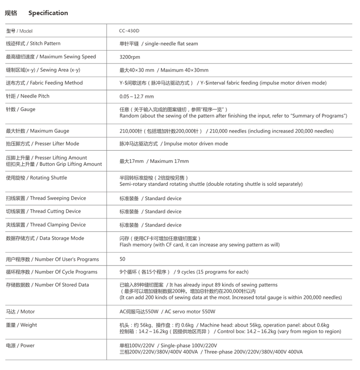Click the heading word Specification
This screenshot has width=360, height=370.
pos(48,13)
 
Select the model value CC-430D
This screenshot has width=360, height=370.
pos(130,31)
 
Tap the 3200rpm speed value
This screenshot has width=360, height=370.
pos(130,57)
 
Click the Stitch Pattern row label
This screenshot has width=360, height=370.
pos(33,44)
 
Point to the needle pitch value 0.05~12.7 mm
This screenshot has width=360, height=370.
pos(136,96)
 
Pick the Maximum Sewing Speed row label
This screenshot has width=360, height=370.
pos(51,57)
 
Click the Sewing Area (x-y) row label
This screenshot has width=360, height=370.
pos(43,70)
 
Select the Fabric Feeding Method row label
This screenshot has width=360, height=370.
pos(44,83)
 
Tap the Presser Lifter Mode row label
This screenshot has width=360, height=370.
pos(42,144)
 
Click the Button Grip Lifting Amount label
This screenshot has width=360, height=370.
pos(54,164)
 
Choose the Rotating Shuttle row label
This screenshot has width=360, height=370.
pos(36,178)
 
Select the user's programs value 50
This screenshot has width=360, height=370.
pos(122,259)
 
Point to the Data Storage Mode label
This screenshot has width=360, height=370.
pos(45,238)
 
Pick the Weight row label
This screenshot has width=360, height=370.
pos(21,325)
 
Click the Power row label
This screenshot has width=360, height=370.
pos(20,346)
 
